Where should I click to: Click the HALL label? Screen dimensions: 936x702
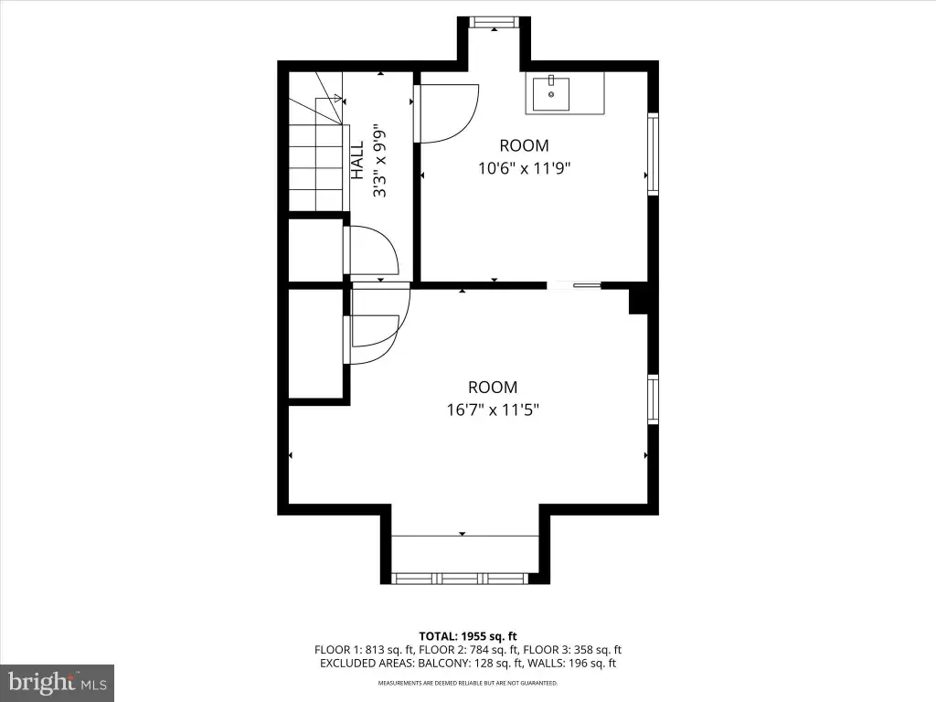coord(357,160)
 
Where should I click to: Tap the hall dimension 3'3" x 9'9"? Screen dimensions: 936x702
coord(379,160)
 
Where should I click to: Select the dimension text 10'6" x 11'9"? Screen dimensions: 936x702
coord(524,168)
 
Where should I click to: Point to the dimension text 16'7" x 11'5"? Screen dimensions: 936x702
coord(493,410)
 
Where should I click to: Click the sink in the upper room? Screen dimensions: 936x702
coord(551,93)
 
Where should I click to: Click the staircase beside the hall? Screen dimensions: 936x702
coord(316,141)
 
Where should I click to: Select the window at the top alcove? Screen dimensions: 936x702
coord(494,22)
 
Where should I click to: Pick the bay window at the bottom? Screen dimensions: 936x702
coord(460,579)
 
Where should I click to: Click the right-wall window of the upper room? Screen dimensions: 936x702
coord(653,154)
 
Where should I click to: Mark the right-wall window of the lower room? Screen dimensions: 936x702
coord(653,399)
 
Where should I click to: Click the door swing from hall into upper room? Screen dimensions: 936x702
coord(446,113)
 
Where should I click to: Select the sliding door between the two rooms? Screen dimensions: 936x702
coord(574,285)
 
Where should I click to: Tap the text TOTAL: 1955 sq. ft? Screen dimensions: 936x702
coord(468,636)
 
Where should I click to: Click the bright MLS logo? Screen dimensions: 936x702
coord(58,683)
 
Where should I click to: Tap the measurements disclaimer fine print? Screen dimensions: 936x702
coord(468,683)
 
